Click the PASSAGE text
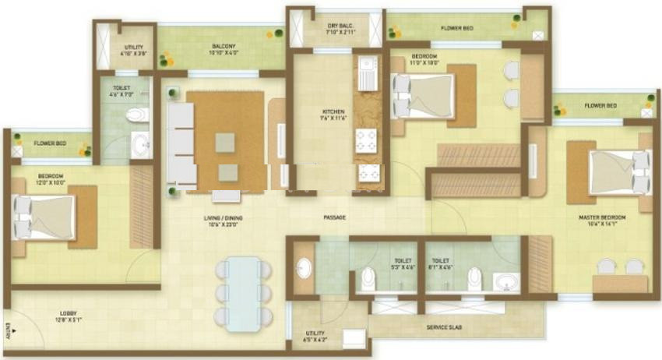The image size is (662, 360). point(334,217)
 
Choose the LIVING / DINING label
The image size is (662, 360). point(224,221)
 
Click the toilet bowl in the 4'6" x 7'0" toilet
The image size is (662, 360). point(138,115)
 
